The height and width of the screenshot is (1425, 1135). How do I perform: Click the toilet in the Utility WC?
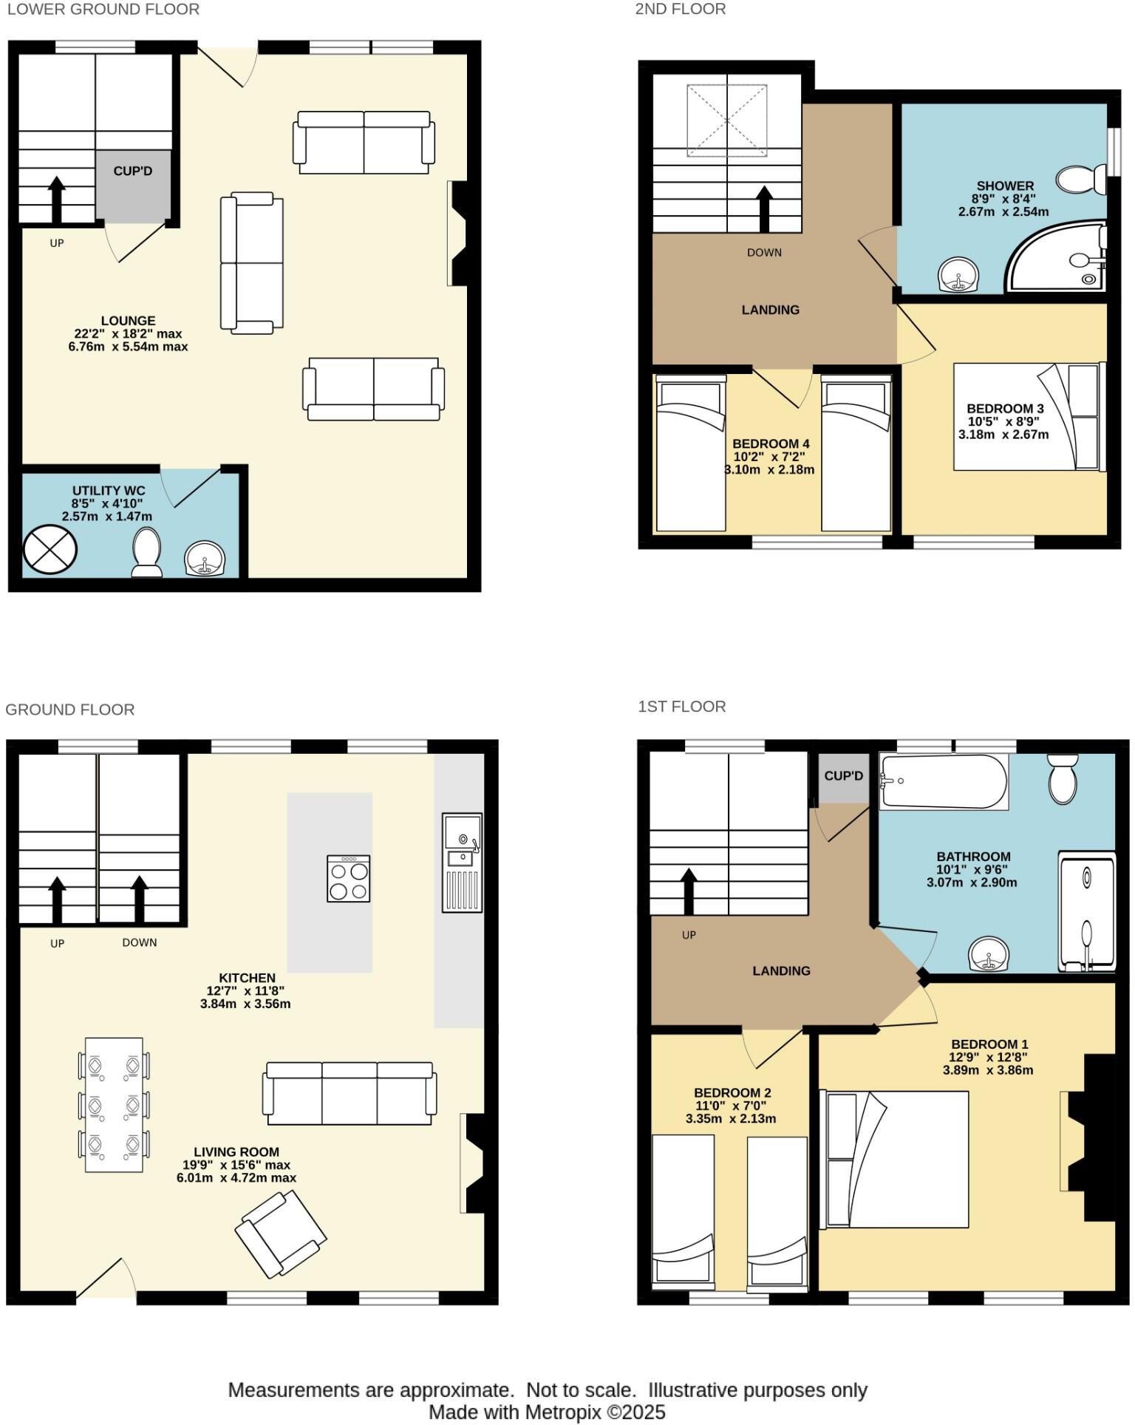(x=146, y=551)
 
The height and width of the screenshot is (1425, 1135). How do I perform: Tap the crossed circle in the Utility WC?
(x=50, y=550)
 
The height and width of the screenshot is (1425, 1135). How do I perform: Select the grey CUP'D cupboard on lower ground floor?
(x=133, y=185)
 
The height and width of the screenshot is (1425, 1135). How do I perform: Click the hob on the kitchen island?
(x=348, y=879)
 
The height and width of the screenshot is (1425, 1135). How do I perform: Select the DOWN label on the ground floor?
(x=140, y=942)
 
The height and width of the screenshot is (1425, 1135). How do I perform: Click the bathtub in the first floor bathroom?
(x=943, y=782)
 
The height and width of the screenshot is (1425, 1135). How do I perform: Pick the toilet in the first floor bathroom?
(x=1063, y=779)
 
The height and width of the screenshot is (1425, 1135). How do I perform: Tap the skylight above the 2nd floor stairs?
(x=727, y=120)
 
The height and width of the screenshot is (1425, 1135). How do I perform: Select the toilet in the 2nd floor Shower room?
(x=1080, y=179)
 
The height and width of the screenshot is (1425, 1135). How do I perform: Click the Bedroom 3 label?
(x=1004, y=408)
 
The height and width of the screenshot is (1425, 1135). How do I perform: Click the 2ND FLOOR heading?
(x=680, y=9)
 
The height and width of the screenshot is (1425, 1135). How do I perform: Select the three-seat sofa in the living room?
(x=350, y=1094)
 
